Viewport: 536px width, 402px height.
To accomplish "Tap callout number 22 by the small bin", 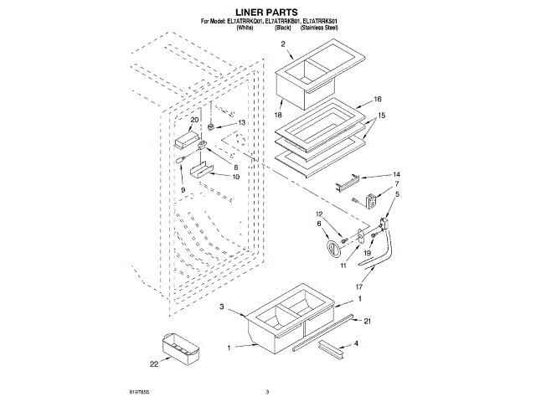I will [x=154, y=363].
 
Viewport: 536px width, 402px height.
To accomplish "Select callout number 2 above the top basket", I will [x=283, y=44].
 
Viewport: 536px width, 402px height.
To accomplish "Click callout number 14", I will [x=373, y=174].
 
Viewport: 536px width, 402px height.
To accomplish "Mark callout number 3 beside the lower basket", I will [x=223, y=307].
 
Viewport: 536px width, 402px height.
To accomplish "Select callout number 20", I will [x=195, y=120].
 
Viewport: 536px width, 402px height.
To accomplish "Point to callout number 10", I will [x=235, y=177].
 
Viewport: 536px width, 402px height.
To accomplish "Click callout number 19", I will [x=368, y=251].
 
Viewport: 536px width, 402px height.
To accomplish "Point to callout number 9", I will [x=183, y=190].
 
